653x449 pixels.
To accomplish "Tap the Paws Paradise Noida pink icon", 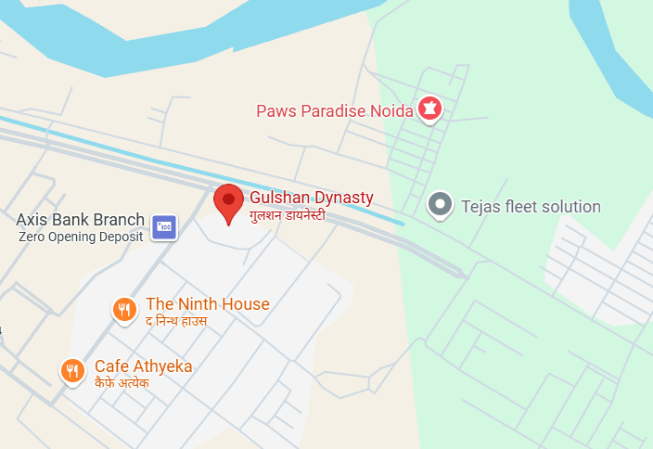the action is click(x=429, y=109).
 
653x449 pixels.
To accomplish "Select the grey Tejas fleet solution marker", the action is click(x=441, y=204).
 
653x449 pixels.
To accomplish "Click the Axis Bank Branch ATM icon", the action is click(x=164, y=224).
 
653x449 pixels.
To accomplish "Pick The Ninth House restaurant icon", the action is click(x=124, y=310).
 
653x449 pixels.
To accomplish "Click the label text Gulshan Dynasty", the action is click(x=311, y=198).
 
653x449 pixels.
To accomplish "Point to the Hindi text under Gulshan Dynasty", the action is click(x=287, y=215).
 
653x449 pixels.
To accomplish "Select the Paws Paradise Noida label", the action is click(x=334, y=111).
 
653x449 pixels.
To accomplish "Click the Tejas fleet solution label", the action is click(x=531, y=207).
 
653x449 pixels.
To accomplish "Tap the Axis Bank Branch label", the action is click(x=81, y=220).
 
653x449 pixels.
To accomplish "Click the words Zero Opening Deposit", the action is click(x=81, y=237).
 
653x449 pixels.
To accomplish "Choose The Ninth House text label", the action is click(x=207, y=304).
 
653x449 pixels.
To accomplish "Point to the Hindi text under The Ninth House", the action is click(x=176, y=321).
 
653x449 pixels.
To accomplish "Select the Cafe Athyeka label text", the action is click(x=143, y=366).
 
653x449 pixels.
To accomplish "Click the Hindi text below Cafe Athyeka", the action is click(x=122, y=382).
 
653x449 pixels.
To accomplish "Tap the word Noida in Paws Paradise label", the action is click(x=391, y=111).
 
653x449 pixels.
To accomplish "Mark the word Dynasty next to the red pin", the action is click(x=342, y=198).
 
